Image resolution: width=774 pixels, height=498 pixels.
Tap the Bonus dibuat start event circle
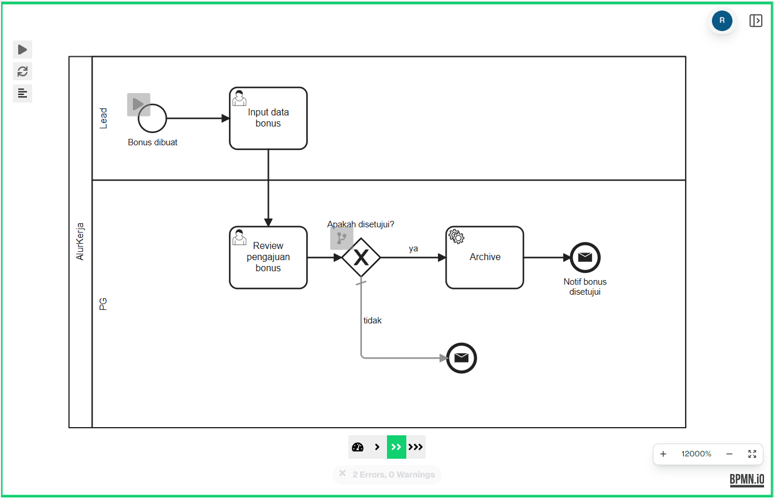point(152,118)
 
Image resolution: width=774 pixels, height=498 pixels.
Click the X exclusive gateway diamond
point(361,257)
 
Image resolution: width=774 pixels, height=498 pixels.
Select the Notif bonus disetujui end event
point(585,257)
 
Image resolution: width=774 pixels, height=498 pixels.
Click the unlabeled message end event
point(461,358)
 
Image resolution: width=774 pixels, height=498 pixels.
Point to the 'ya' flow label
point(413,248)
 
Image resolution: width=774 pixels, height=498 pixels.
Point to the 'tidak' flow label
point(372,320)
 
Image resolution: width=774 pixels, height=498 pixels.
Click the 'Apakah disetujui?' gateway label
point(361,224)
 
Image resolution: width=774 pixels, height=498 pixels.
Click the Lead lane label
point(104,118)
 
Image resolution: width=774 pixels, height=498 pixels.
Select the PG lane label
point(104,303)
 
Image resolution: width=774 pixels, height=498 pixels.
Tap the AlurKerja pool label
point(80,241)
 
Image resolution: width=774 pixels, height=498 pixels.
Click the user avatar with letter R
point(722,21)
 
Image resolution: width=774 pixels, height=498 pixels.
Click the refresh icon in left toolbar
point(22,71)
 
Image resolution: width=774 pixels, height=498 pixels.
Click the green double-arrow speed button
point(396,447)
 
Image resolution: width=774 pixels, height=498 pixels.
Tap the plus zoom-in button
point(663,454)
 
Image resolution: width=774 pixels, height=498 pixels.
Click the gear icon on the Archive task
point(456,236)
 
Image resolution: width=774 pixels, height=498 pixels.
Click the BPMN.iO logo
point(746,479)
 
